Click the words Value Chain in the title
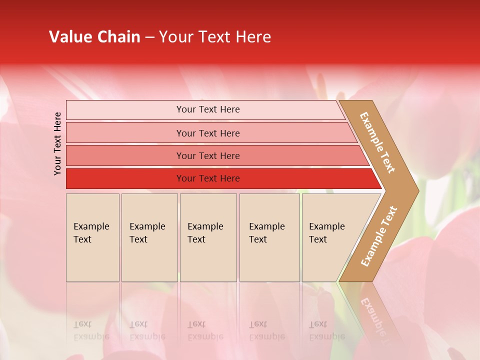[x=94, y=37]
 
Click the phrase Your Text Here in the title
[x=215, y=37]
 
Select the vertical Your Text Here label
[x=57, y=143]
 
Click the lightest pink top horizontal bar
[x=125, y=110]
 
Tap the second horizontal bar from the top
[x=125, y=133]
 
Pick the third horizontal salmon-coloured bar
[x=125, y=155]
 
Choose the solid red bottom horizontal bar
[x=125, y=178]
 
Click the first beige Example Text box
[x=92, y=237]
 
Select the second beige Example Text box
[x=149, y=237]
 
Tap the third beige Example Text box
[x=208, y=237]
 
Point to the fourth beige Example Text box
[x=269, y=237]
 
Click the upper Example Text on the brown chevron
[x=377, y=142]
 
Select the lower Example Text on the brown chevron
[x=378, y=236]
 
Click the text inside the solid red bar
[x=208, y=178]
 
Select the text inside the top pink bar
[x=208, y=109]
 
